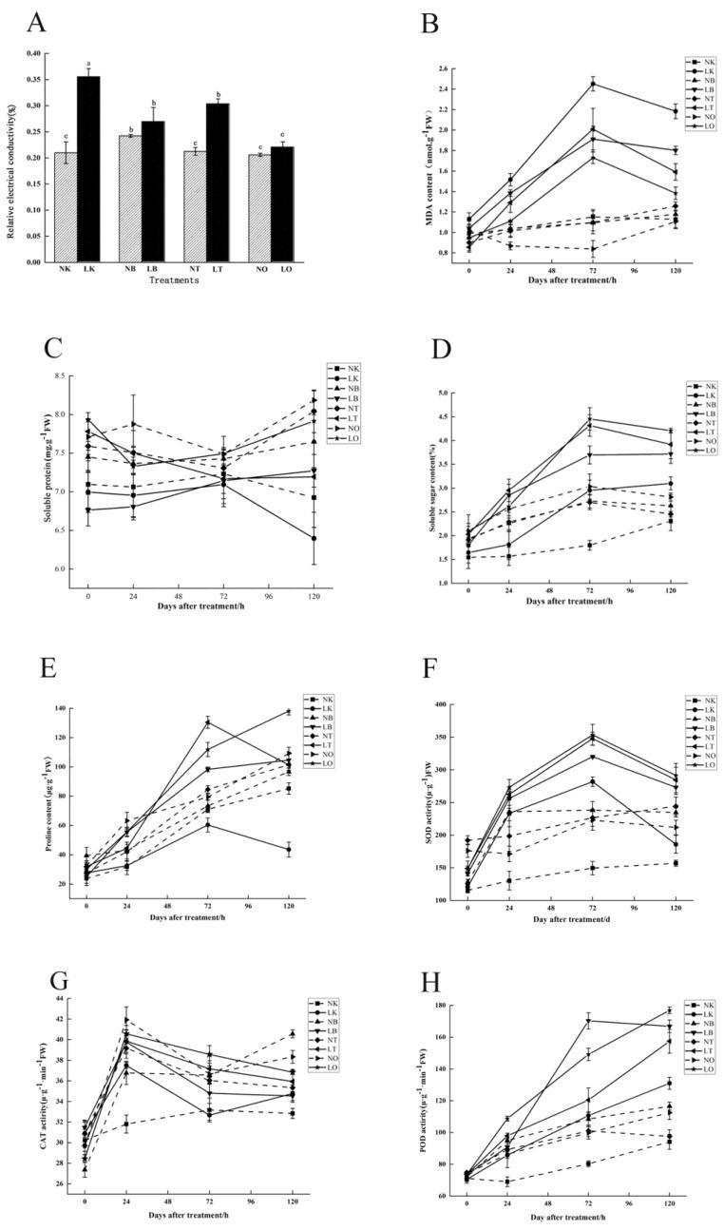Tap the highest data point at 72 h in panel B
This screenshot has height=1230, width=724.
point(593,84)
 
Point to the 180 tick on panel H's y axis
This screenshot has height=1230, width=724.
point(450,1005)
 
